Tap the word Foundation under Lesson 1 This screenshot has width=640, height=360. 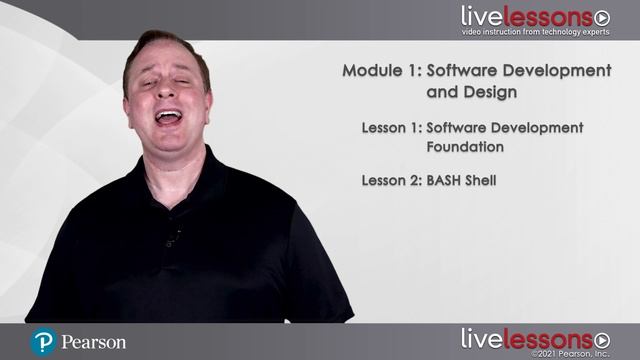tap(464, 147)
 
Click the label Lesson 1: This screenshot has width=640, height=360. tap(391, 128)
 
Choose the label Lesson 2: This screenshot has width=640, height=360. tap(391, 181)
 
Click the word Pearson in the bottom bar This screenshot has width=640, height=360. tap(93, 342)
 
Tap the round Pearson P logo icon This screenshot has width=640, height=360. tap(43, 342)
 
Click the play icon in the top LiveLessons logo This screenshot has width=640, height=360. tap(602, 18)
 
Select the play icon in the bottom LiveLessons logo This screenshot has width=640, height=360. tap(602, 339)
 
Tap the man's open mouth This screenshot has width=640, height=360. tap(168, 117)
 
